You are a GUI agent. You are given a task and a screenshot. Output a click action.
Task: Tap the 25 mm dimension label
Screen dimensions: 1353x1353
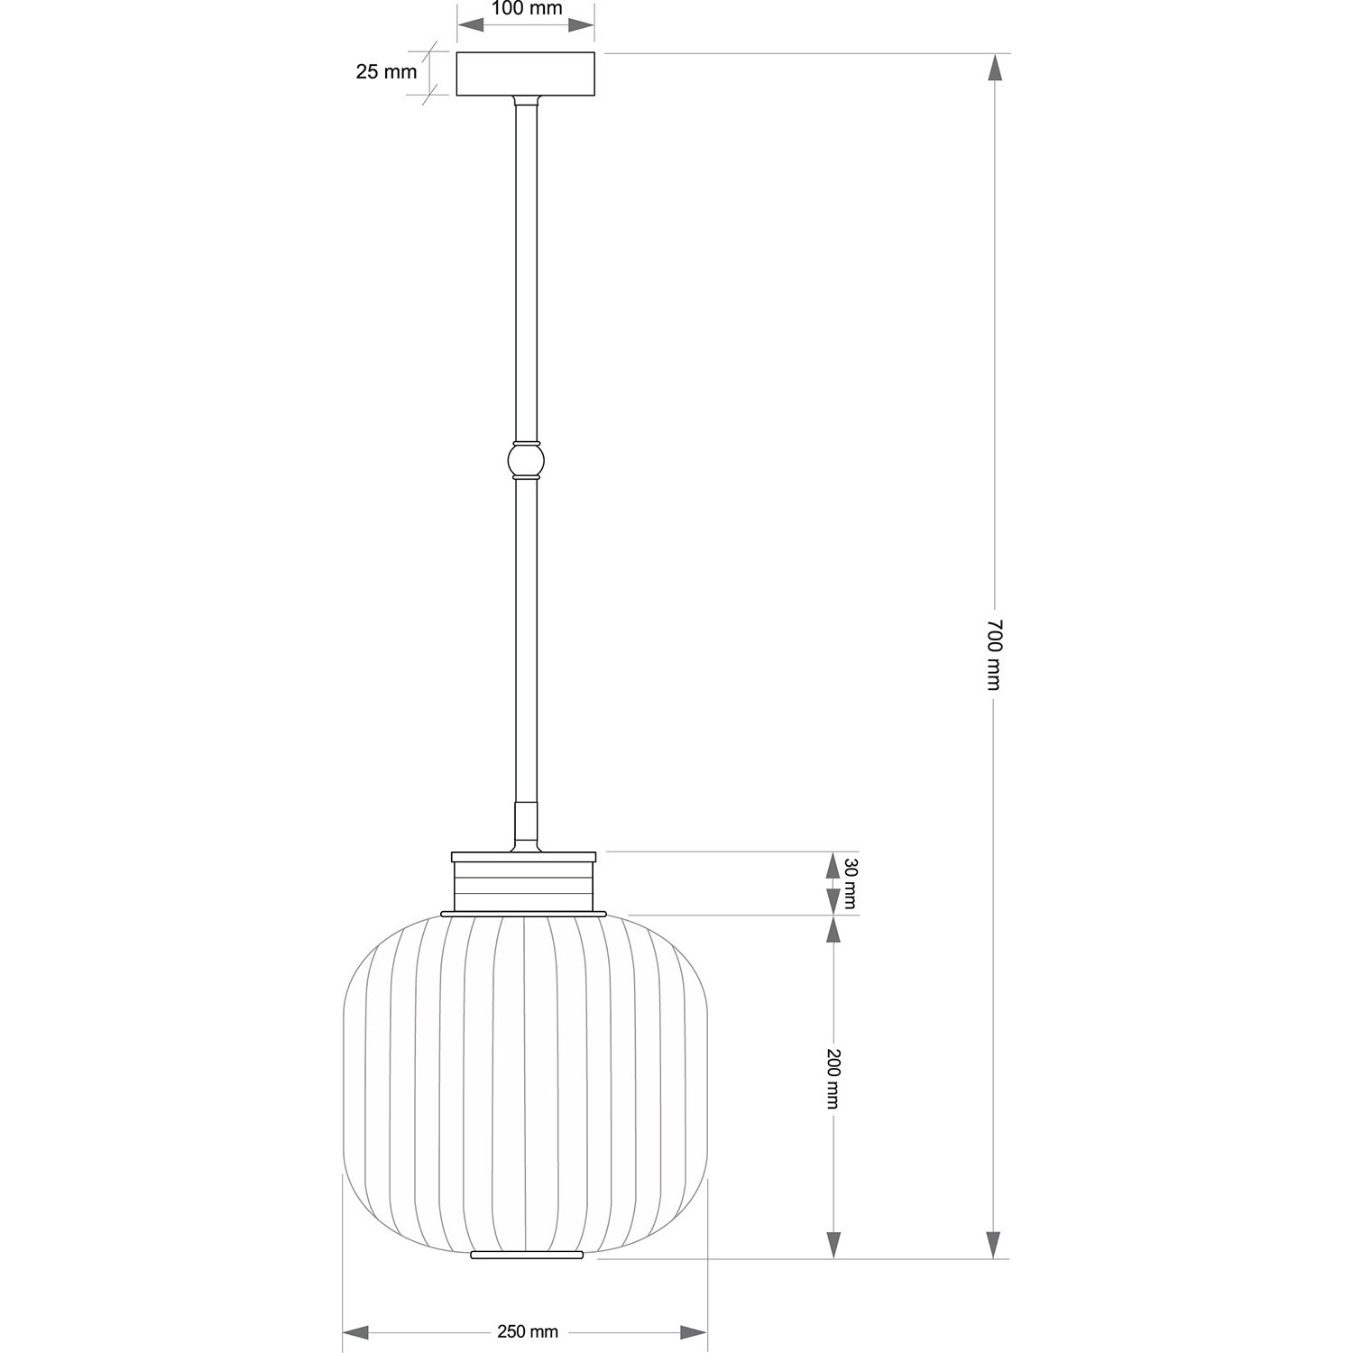pyautogui.click(x=386, y=71)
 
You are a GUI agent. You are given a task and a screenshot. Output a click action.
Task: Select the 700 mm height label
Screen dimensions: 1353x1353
pyautogui.click(x=993, y=654)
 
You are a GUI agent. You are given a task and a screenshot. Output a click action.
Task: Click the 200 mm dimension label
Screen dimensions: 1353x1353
pyautogui.click(x=833, y=1079)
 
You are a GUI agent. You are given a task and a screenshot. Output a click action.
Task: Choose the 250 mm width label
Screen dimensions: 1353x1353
pyautogui.click(x=528, y=1331)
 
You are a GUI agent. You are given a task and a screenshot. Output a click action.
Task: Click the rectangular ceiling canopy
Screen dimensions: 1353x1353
pyautogui.click(x=526, y=75)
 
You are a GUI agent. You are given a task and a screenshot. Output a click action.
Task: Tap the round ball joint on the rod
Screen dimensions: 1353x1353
pyautogui.click(x=526, y=460)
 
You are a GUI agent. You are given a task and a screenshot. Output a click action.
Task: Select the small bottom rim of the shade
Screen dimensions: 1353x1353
pyautogui.click(x=527, y=1254)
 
